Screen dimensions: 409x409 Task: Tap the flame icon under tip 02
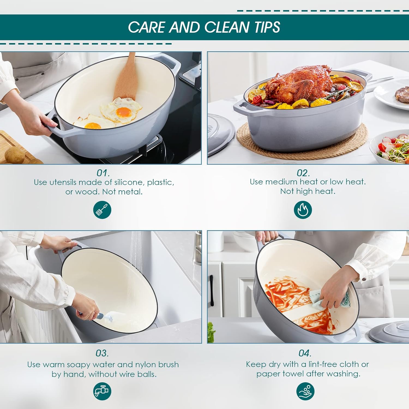303,210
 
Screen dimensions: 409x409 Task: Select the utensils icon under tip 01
102,210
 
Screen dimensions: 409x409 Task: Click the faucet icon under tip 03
102,391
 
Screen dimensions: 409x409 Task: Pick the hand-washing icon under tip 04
305,391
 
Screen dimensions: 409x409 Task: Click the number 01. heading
103,173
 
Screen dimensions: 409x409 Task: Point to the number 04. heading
305,353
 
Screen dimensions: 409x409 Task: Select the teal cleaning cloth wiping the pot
330,299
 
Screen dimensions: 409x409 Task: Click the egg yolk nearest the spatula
124,112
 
